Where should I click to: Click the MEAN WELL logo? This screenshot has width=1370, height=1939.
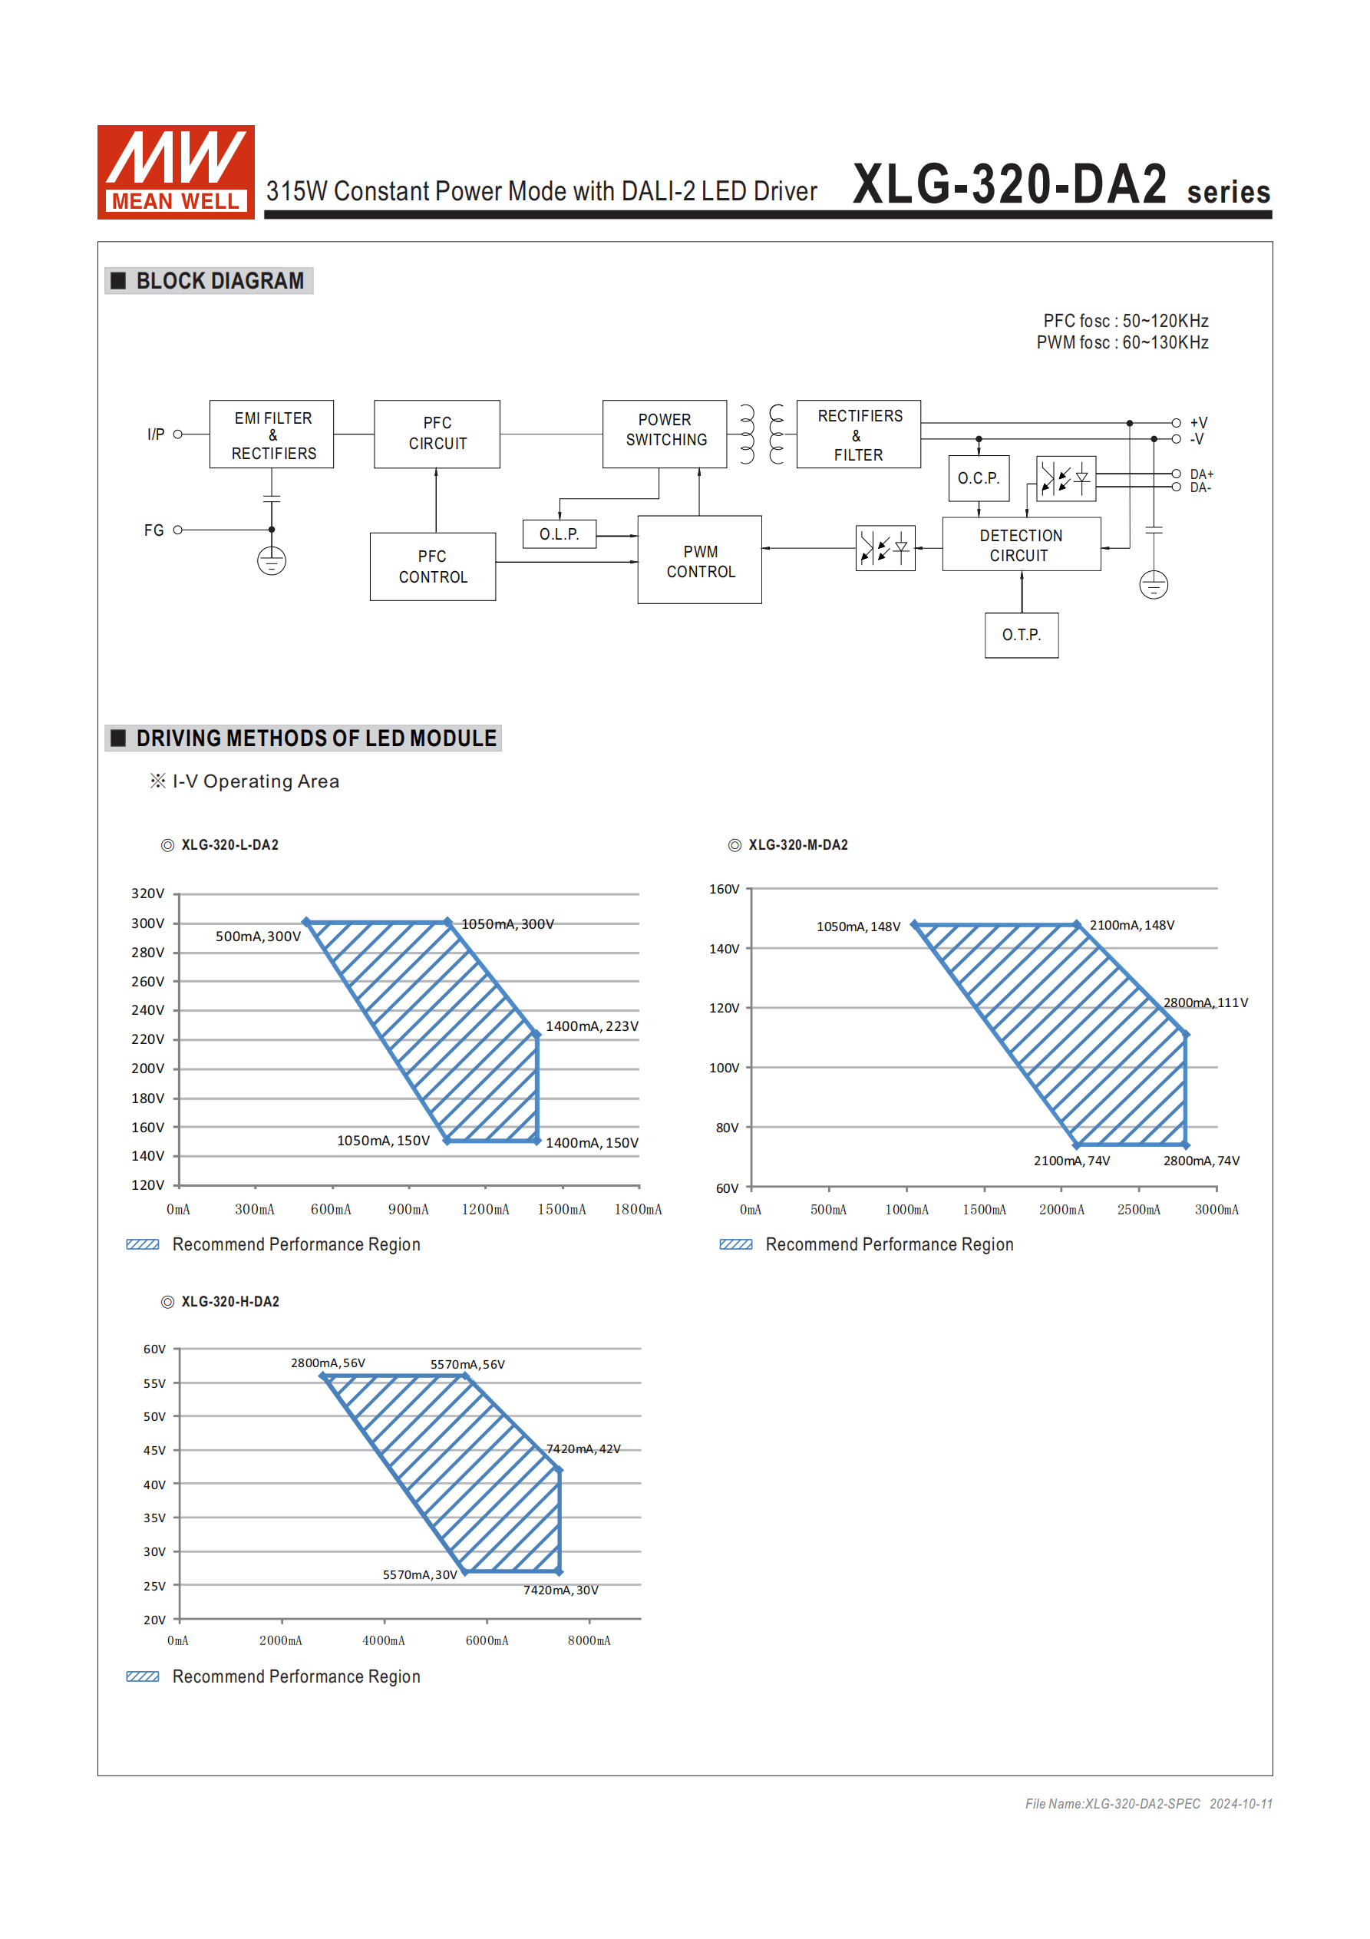176,172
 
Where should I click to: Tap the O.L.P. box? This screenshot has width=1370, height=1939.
560,534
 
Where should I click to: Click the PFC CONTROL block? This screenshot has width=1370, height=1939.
432,567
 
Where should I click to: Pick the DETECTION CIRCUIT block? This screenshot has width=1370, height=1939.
1020,546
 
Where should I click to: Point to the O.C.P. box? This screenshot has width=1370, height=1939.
978,478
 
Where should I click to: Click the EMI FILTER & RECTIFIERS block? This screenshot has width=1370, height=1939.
272,435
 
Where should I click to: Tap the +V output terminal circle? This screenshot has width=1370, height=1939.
1176,423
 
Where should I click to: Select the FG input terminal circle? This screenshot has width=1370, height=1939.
178,530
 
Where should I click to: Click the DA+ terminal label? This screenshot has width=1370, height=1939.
1201,474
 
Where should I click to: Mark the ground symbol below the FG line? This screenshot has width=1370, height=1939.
271,561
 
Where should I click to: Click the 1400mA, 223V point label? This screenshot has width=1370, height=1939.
591,1026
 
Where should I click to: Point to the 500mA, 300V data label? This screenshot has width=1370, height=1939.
258,936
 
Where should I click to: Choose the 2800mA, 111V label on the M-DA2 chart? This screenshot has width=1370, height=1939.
1205,1003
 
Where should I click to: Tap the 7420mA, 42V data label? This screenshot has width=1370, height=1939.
583,1449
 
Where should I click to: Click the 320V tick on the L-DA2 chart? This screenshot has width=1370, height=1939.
148,894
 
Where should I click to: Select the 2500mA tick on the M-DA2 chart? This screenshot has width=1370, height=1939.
1138,1211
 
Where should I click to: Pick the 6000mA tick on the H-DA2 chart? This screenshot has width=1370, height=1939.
487,1641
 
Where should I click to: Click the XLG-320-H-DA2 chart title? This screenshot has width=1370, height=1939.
229,1302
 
